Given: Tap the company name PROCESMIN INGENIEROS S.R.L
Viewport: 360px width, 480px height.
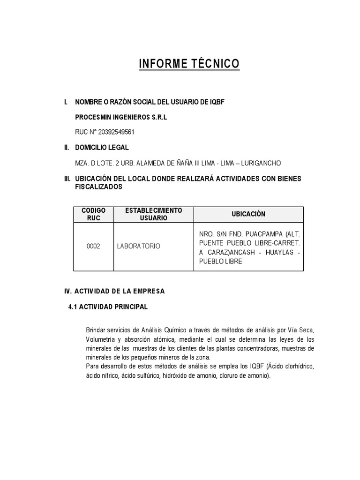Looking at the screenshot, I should [121, 117].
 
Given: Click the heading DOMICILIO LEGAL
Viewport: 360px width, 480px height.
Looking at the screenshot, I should [102, 147].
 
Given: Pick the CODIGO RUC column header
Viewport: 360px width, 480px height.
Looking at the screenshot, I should [93, 214].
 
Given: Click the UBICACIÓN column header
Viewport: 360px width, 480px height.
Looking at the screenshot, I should [248, 214].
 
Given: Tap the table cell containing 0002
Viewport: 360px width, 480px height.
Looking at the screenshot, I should [93, 246].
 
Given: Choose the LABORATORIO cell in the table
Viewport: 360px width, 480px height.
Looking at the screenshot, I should [138, 246].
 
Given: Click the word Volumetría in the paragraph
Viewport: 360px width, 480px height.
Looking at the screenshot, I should [101, 339].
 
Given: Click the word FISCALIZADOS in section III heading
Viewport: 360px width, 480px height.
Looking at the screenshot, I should [99, 187].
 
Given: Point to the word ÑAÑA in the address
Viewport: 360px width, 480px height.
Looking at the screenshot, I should [176, 163].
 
